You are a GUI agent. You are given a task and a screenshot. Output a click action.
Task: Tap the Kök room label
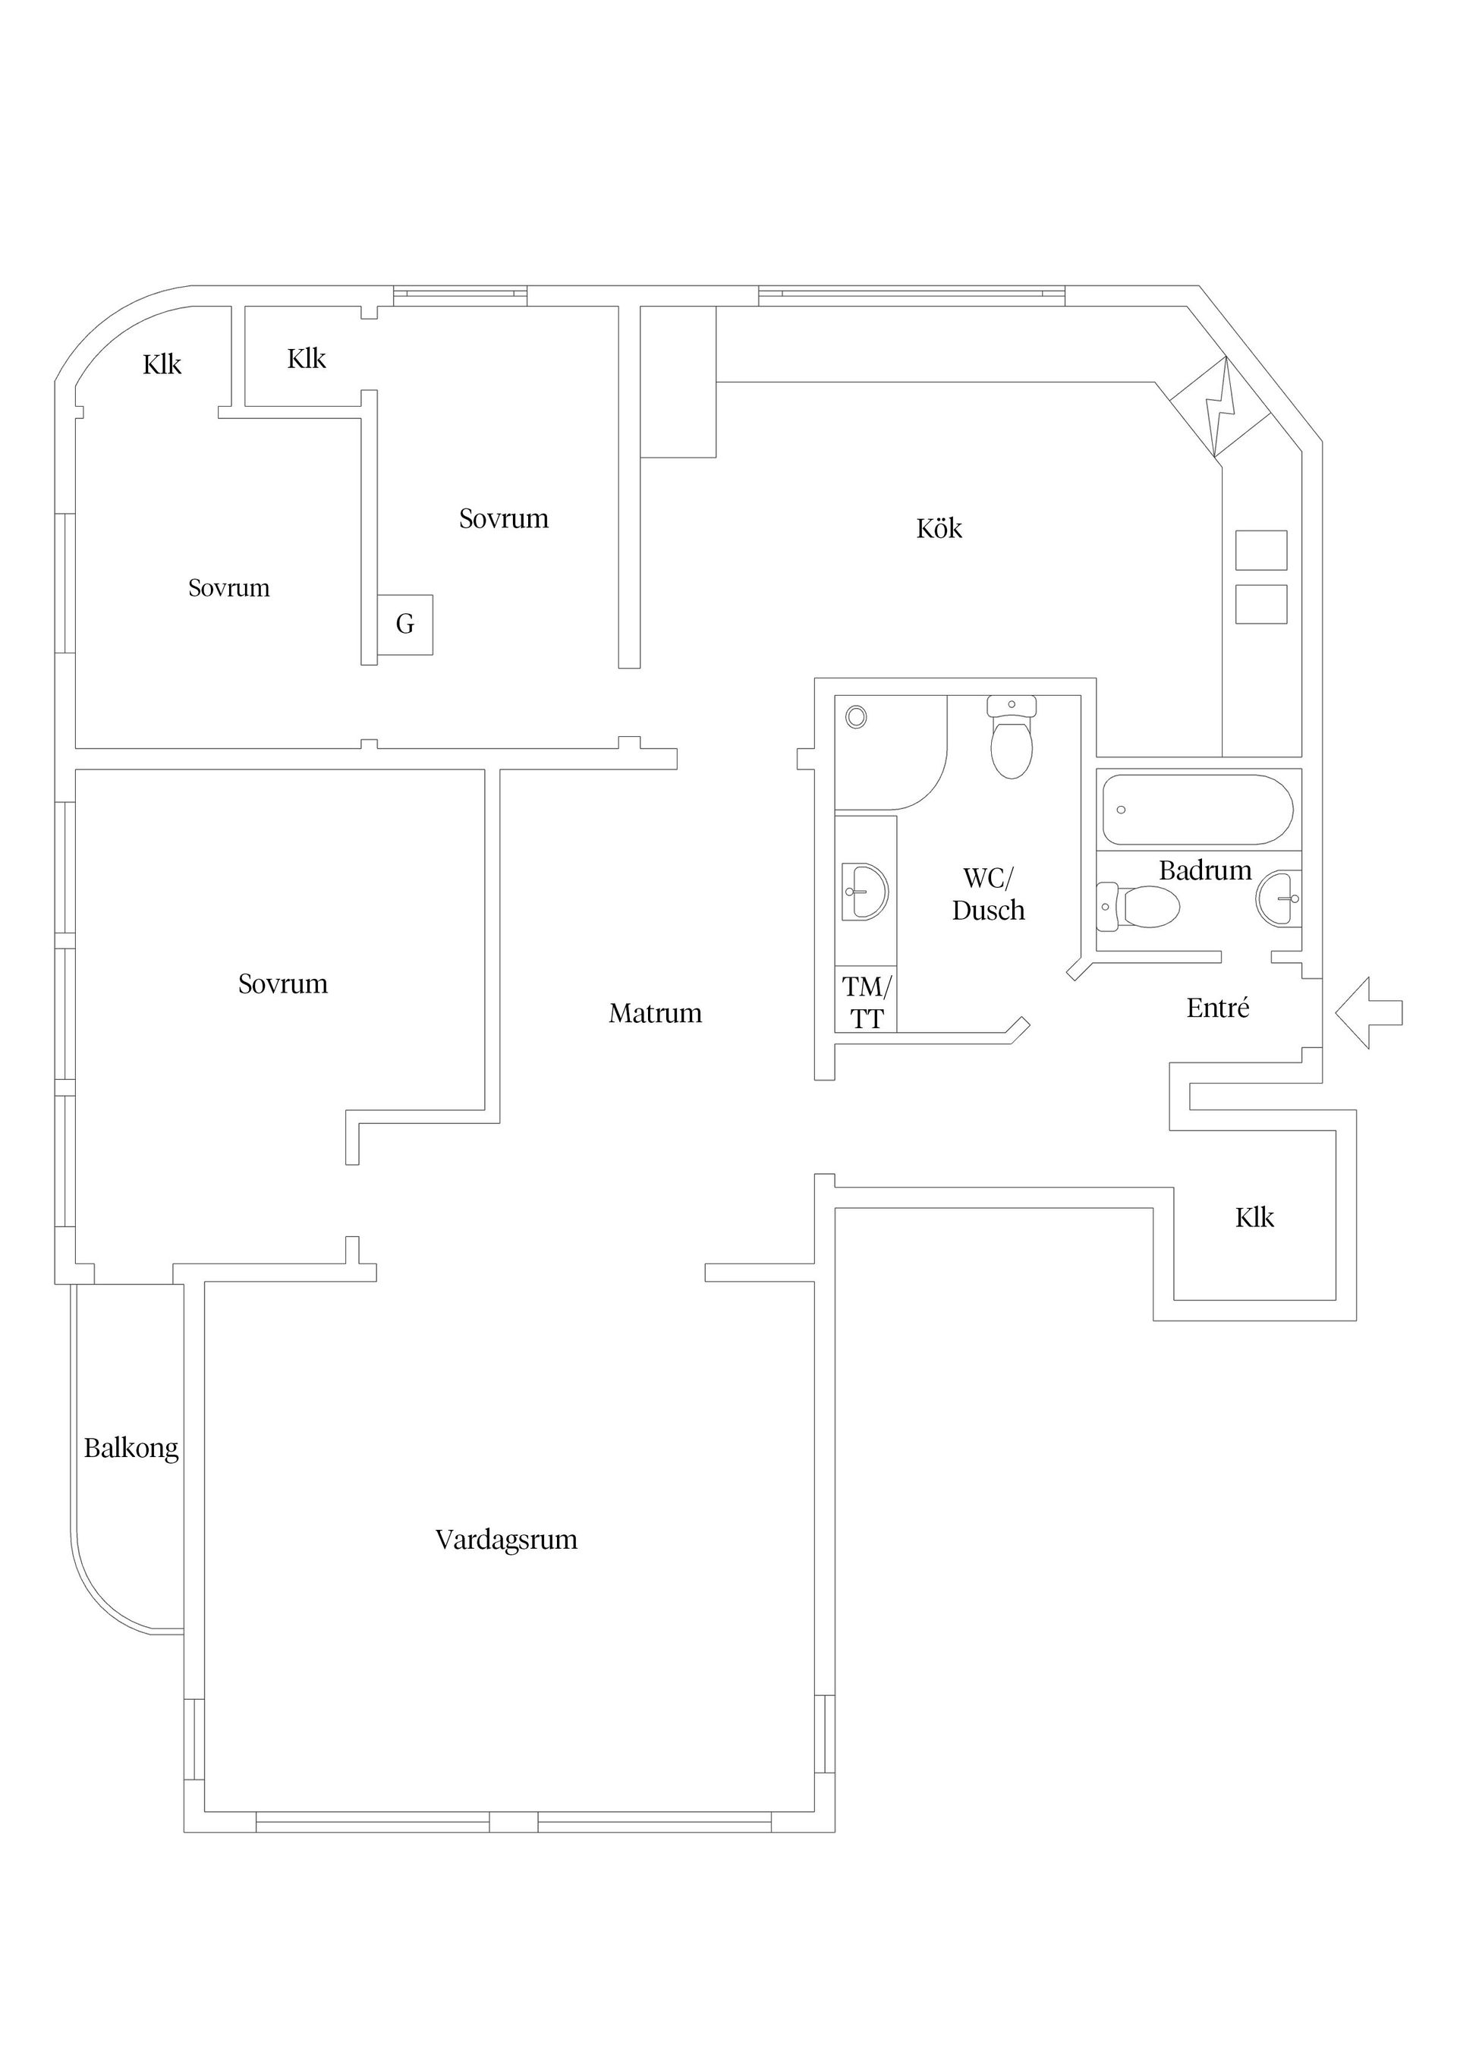[939, 529]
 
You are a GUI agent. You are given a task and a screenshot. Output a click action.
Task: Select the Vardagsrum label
[506, 1540]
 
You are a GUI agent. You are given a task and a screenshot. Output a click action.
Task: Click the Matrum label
[656, 1014]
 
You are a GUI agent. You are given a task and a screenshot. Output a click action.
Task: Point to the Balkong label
[131, 1449]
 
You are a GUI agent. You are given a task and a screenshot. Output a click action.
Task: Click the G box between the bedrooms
[405, 624]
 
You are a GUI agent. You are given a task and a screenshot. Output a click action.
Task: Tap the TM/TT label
[867, 1002]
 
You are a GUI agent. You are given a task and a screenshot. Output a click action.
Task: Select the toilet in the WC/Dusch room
[1012, 738]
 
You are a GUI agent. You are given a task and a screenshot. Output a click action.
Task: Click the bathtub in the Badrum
[1197, 810]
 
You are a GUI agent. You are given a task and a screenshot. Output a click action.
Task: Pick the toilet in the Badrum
[1138, 907]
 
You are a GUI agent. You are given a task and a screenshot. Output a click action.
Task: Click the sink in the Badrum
[1279, 898]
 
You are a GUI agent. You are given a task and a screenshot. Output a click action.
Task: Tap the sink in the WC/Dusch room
[864, 892]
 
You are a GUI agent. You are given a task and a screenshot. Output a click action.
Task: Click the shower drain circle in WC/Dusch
[857, 716]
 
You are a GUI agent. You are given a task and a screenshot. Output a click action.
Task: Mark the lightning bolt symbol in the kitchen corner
[1221, 407]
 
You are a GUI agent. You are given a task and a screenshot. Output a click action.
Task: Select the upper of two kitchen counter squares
[1260, 550]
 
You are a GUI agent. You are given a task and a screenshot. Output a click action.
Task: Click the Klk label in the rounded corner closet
[162, 364]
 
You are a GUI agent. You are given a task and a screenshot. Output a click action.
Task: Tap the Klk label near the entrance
[1254, 1218]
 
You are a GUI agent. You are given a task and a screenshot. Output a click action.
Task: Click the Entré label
[1217, 1008]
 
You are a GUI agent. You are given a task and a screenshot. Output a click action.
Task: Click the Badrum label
[1205, 870]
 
